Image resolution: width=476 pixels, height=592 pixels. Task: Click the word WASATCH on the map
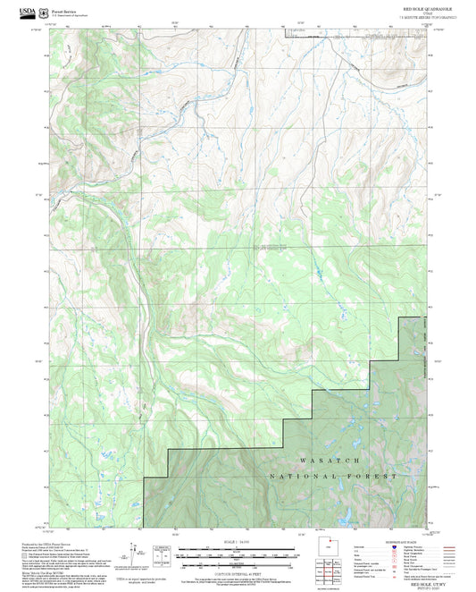[x=330, y=461]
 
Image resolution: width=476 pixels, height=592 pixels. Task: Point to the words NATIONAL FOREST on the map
[x=333, y=478]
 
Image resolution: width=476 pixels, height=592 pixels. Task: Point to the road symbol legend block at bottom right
[x=393, y=554]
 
